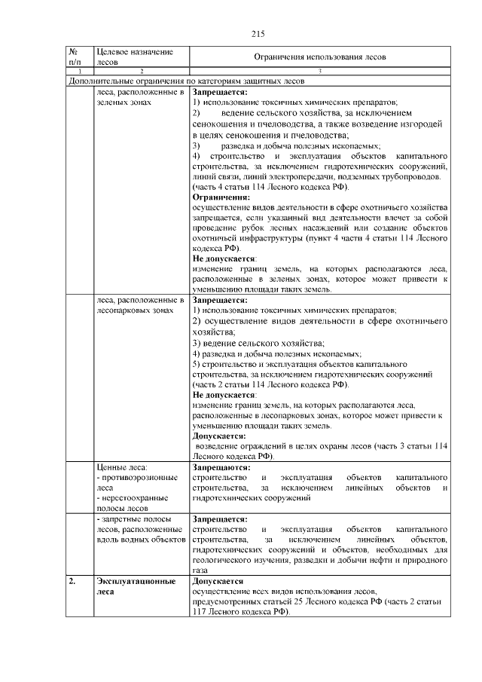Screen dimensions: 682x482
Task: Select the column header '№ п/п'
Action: pyautogui.click(x=75, y=57)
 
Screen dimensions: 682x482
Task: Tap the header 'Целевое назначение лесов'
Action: pyautogui.click(x=130, y=57)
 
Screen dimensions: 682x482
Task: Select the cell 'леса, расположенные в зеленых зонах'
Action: pyautogui.click(x=140, y=96)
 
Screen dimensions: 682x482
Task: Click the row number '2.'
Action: pyautogui.click(x=72, y=582)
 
